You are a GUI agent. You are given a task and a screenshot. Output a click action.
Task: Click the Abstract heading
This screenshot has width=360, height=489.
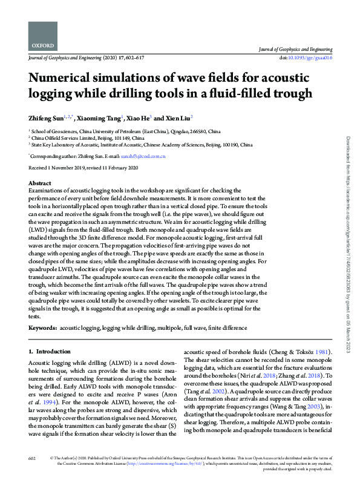[x=40, y=183]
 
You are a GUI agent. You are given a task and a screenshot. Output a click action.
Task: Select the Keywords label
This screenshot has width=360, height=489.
[x=42, y=327]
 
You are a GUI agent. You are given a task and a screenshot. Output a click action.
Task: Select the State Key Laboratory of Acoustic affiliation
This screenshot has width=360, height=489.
[x=143, y=145]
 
